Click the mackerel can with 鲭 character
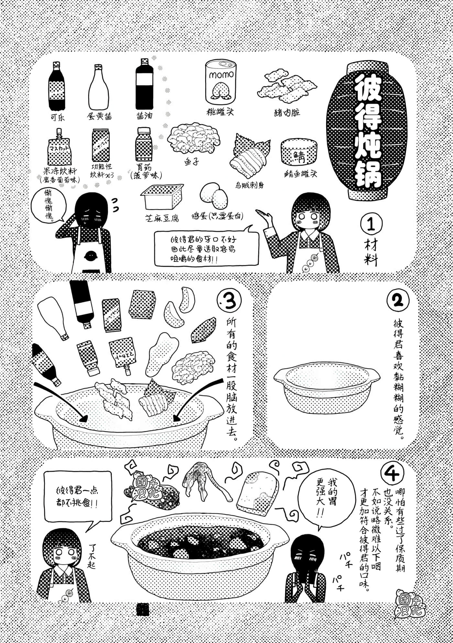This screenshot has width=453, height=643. [x=298, y=152]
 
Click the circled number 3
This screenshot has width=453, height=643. [x=229, y=302]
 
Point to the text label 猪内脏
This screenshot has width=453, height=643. [x=287, y=113]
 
